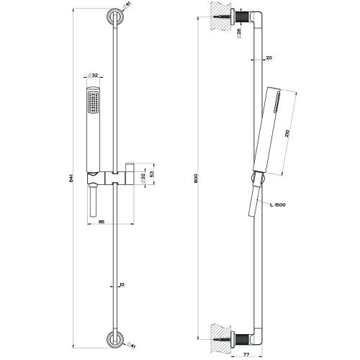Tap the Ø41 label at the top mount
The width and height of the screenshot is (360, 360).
coord(129,6)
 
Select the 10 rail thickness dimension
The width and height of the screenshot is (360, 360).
coord(122,285)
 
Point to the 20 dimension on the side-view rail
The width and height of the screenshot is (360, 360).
coord(269,58)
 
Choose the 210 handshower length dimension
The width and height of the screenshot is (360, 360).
coord(288,133)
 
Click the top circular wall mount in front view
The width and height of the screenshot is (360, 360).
coord(114,17)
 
